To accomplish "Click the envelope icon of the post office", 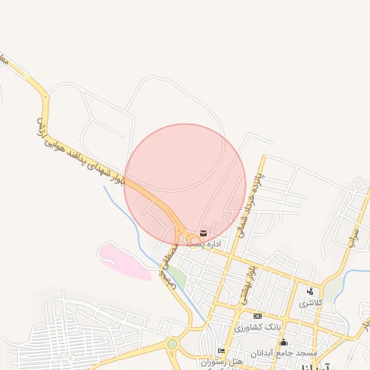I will (x=204, y=233).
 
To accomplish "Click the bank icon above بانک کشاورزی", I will (x=257, y=317).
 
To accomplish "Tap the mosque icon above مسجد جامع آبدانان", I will (x=284, y=342).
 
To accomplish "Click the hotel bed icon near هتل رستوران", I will (x=221, y=350).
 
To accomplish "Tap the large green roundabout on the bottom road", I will (x=172, y=344).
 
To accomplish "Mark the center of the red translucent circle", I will (x=185, y=185).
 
